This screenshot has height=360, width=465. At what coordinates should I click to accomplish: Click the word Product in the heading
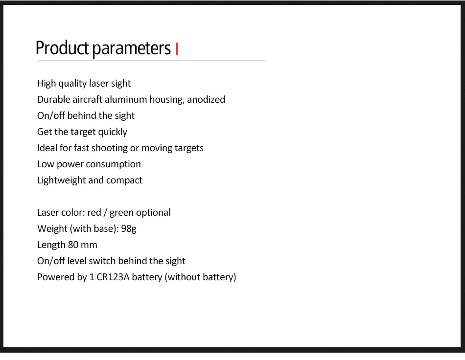(x=62, y=48)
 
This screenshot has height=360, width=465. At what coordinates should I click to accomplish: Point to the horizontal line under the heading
(x=151, y=61)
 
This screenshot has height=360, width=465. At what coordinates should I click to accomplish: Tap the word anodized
(x=206, y=99)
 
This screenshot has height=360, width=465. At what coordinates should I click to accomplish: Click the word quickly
(x=113, y=132)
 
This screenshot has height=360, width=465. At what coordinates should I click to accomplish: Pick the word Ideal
(x=47, y=148)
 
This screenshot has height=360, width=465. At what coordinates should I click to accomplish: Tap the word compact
(x=124, y=180)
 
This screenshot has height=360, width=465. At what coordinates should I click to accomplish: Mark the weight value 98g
(x=128, y=229)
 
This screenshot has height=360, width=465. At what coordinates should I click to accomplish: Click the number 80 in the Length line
(x=73, y=245)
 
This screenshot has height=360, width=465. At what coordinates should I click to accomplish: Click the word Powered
(x=56, y=277)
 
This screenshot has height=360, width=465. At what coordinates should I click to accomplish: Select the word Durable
(x=53, y=99)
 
